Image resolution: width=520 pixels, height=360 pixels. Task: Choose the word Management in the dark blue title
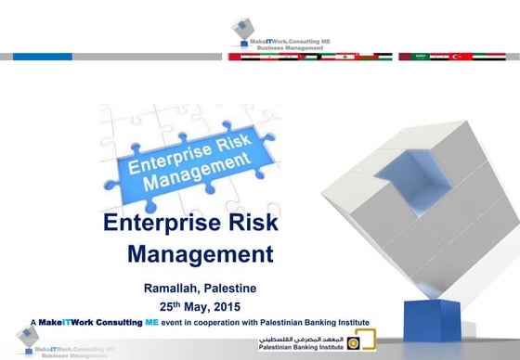coord(200,252)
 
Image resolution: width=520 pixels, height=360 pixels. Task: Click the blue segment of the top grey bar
coord(42,56)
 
